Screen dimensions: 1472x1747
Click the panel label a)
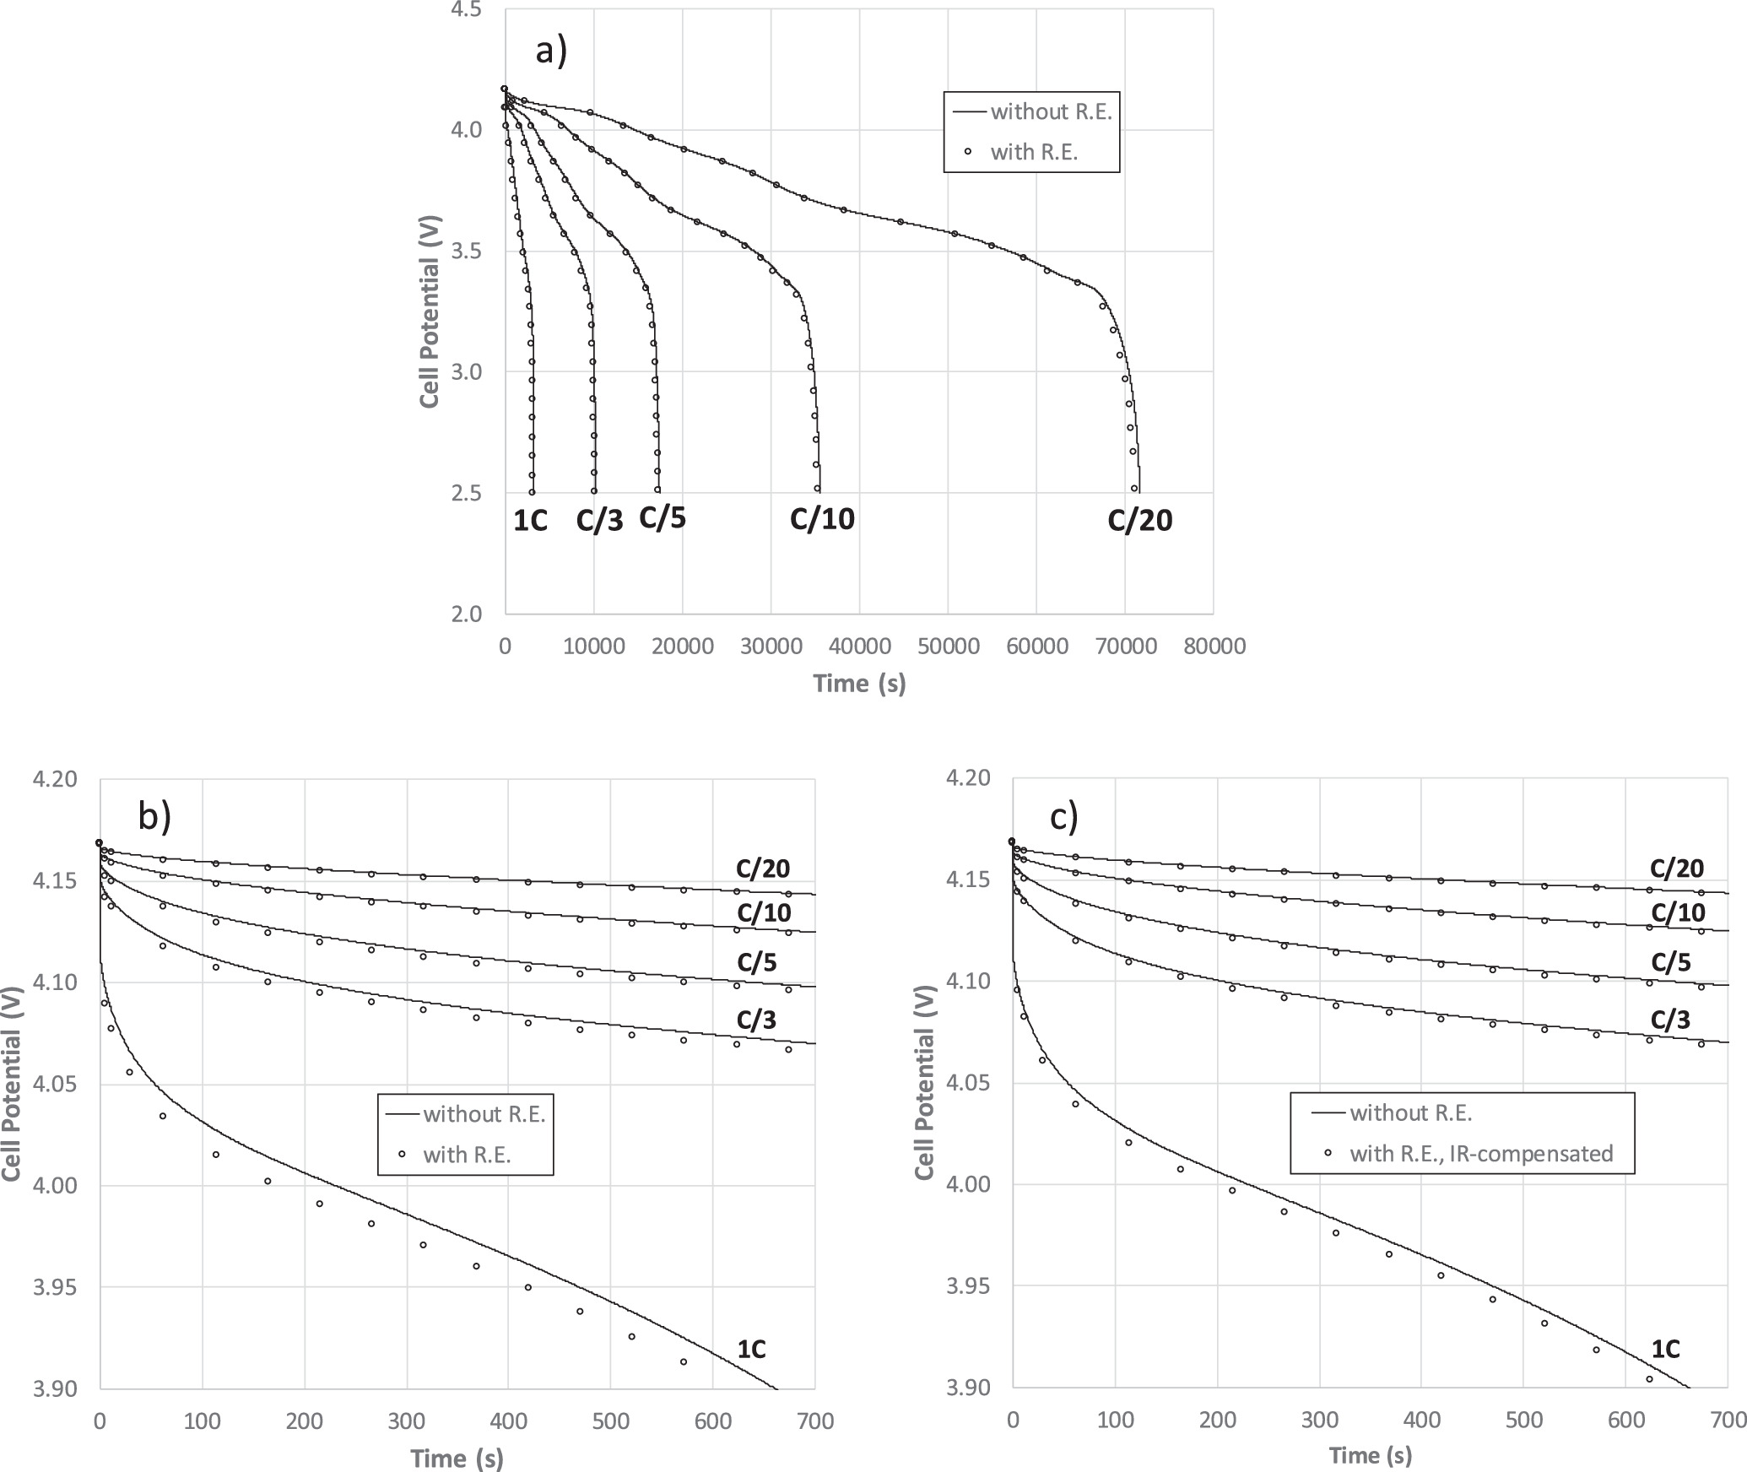pyautogui.click(x=552, y=51)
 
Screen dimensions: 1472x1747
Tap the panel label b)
pyautogui.click(x=154, y=816)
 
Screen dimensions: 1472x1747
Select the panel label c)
pyautogui.click(x=1064, y=816)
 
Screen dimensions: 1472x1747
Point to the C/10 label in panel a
pyautogui.click(x=822, y=518)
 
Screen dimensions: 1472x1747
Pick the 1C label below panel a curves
pyautogui.click(x=531, y=522)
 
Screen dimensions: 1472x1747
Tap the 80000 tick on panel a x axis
pyautogui.click(x=1214, y=647)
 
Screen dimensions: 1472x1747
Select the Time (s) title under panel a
pyautogui.click(x=859, y=683)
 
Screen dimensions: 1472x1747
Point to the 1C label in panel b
pyautogui.click(x=751, y=1350)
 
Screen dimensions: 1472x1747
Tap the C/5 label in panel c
pyautogui.click(x=1671, y=963)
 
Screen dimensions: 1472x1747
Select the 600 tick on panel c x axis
pyautogui.click(x=1625, y=1421)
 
